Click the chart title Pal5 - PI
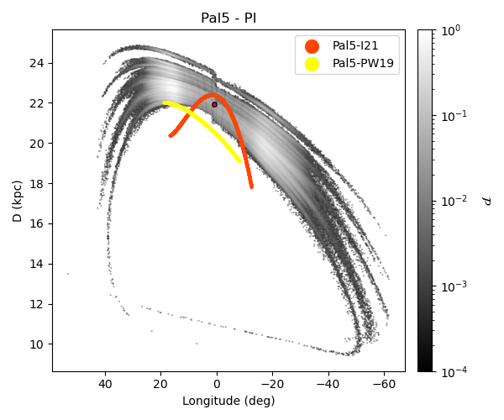point(228,18)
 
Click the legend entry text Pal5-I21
point(356,45)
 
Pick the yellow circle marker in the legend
point(312,64)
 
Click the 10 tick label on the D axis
point(39,344)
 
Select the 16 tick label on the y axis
point(39,223)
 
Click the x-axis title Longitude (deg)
point(228,401)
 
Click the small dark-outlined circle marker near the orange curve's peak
point(214,104)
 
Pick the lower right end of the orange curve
point(251,186)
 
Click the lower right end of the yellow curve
point(241,161)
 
